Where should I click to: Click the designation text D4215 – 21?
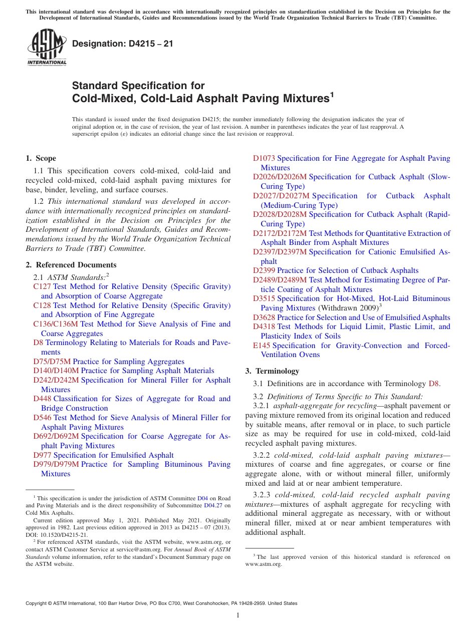(x=123, y=44)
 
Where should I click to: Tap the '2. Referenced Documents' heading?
(x=71, y=265)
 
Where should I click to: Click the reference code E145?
(x=262, y=346)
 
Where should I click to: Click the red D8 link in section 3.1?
(x=434, y=384)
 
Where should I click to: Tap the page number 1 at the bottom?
(x=238, y=615)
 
